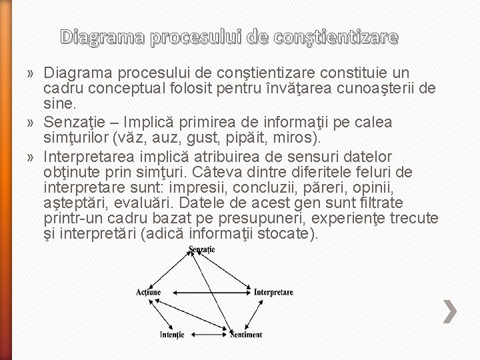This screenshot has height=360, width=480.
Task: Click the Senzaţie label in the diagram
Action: (201, 249)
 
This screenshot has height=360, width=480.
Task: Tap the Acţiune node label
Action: (147, 292)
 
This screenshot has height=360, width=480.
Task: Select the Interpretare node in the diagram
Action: (273, 292)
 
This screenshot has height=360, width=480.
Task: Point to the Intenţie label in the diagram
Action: (172, 335)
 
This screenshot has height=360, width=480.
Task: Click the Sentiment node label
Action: (246, 335)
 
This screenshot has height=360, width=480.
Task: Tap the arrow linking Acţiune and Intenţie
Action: (160, 313)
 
